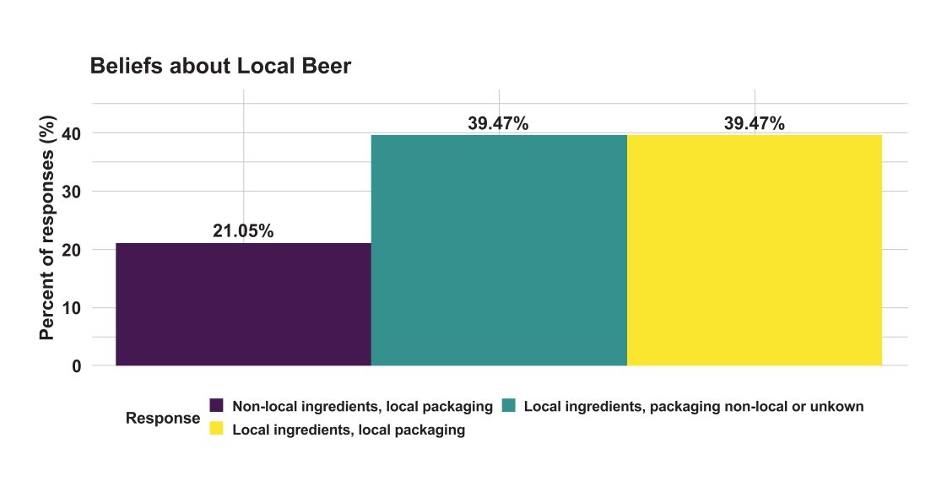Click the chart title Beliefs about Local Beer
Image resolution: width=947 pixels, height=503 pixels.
point(220,67)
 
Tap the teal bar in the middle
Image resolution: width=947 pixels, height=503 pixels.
point(499,250)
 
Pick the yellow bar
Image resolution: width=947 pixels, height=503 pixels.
point(755,250)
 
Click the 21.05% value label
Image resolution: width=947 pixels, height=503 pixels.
point(243,231)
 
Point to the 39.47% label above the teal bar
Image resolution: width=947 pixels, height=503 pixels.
point(498,123)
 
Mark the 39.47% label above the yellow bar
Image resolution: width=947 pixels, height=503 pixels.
point(755,123)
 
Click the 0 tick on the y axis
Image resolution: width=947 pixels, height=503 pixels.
point(76,366)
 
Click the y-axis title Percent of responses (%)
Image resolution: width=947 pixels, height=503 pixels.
point(47,230)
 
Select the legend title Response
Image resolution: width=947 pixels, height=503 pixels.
point(163,419)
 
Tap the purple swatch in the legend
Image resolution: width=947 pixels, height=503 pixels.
point(216,406)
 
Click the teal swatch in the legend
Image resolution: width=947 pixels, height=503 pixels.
point(508,406)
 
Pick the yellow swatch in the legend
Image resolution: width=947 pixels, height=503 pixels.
point(216,429)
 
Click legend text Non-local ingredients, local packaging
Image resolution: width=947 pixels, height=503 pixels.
point(362,407)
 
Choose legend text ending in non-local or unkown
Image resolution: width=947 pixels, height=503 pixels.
point(694,407)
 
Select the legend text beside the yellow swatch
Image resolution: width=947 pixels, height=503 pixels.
point(349,430)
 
